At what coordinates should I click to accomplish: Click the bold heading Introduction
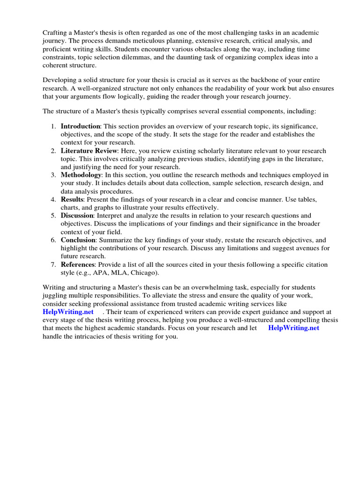tap(80, 127)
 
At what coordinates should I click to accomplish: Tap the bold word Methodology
tap(81, 175)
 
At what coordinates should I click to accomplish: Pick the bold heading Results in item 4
tap(72, 200)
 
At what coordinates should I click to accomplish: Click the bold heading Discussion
tap(77, 216)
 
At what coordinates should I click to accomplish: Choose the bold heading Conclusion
tap(78, 240)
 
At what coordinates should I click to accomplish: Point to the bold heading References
tap(78, 265)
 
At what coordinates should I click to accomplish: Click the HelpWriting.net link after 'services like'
tap(68, 312)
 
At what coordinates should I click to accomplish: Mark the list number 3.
tap(53, 175)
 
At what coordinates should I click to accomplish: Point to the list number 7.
tap(53, 265)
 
